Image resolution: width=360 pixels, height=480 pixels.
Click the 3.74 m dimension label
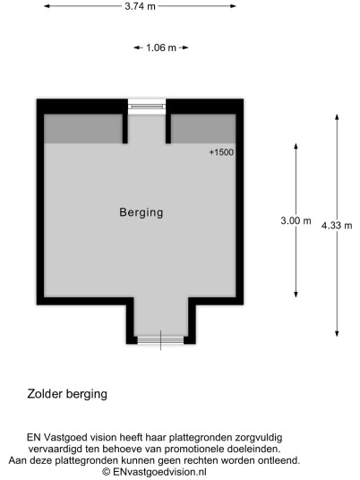click(140, 6)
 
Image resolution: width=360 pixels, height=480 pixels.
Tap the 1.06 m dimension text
click(161, 47)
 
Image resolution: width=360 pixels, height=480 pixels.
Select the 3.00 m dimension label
click(296, 220)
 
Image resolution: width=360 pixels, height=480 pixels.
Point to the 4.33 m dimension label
click(337, 226)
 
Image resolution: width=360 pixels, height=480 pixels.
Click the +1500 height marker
click(221, 152)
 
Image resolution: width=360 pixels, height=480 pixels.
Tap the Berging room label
click(141, 212)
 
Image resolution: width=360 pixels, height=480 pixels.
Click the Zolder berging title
click(67, 394)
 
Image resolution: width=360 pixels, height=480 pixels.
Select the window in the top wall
click(147, 107)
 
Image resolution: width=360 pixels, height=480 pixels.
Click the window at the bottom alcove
click(160, 340)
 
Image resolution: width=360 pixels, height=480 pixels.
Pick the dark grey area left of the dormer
click(83, 129)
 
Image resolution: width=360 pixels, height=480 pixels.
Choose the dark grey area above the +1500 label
click(203, 129)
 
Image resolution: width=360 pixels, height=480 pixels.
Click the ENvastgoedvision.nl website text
click(159, 472)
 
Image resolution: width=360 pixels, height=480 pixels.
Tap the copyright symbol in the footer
click(107, 472)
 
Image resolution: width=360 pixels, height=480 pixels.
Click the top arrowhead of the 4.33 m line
click(337, 117)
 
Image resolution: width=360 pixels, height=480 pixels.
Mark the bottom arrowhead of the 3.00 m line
click(296, 295)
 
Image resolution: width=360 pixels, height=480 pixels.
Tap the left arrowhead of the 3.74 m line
click(47, 6)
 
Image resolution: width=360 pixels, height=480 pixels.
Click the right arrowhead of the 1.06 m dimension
click(184, 47)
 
